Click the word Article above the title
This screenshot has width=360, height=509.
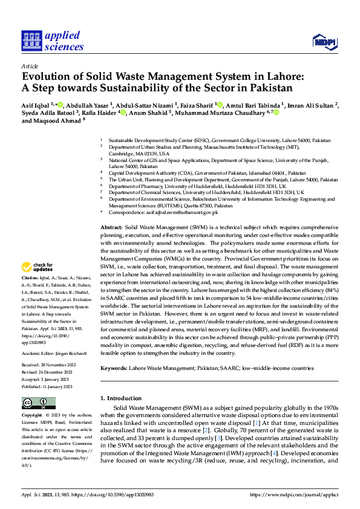tap(29, 66)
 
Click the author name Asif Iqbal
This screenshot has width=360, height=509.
tap(36, 105)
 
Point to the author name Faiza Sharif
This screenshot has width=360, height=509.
tap(197, 105)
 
